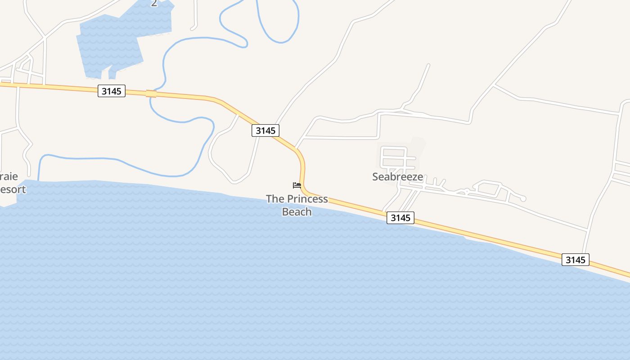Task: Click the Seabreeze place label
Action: (x=397, y=177)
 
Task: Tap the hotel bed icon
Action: (x=297, y=185)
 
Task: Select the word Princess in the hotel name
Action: (x=307, y=199)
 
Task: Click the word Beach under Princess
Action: (x=297, y=211)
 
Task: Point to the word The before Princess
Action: (x=275, y=199)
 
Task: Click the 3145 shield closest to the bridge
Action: (x=111, y=91)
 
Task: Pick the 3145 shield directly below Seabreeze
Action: (x=400, y=218)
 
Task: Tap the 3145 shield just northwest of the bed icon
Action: (x=265, y=130)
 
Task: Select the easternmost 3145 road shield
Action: (x=575, y=260)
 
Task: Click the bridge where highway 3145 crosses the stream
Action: (x=151, y=94)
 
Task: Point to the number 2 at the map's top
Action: (x=154, y=4)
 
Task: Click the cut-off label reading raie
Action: (x=9, y=176)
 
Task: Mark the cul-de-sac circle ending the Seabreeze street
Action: (x=523, y=198)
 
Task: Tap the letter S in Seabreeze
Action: (x=375, y=177)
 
